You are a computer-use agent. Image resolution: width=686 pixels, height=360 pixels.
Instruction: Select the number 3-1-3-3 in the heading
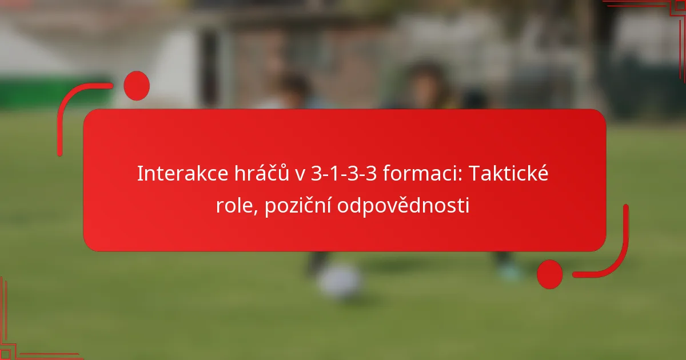click(338, 174)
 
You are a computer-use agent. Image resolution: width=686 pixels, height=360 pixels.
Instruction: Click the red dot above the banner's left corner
click(136, 86)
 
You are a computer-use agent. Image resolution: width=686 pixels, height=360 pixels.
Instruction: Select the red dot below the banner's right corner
click(549, 274)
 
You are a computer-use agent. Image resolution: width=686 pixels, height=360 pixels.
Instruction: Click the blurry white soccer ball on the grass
click(340, 282)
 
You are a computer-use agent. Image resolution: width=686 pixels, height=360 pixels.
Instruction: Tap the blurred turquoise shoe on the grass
click(508, 273)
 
